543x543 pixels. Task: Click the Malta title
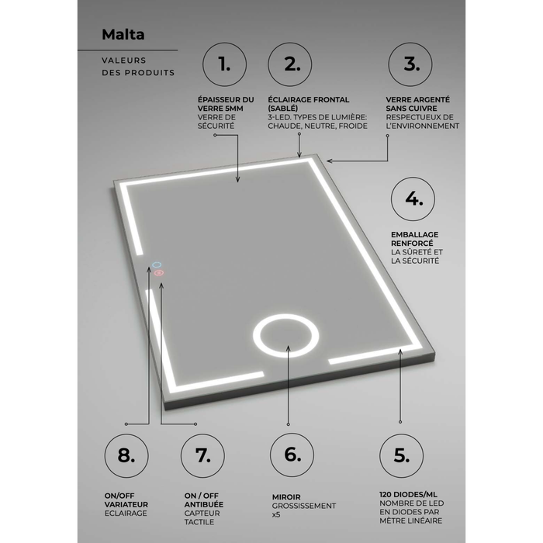[x=123, y=34]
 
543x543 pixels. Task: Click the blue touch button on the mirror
[x=157, y=265]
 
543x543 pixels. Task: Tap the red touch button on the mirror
[x=159, y=273]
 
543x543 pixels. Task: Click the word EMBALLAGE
[x=414, y=234]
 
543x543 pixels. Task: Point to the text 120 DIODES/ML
[x=408, y=495]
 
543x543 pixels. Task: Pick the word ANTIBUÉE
[x=203, y=504]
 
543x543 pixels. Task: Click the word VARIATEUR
[x=126, y=504]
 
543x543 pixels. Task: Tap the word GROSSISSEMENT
[x=304, y=506]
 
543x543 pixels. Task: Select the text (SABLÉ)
[x=282, y=109]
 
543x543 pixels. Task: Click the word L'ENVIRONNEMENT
[x=423, y=126]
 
